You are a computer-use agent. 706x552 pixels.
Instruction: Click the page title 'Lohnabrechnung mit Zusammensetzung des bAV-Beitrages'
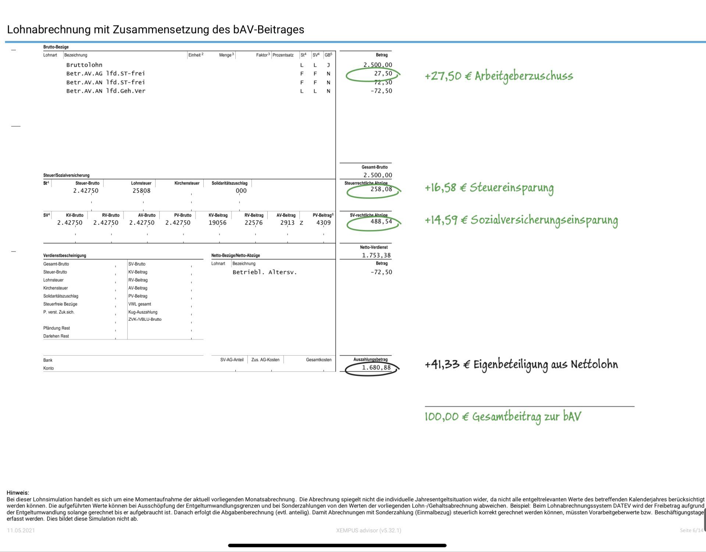pyautogui.click(x=156, y=29)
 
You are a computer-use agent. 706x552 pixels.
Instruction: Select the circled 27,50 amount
pyautogui.click(x=383, y=74)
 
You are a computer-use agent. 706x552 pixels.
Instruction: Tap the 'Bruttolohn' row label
pyautogui.click(x=84, y=65)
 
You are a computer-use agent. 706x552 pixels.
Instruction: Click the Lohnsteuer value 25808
pyautogui.click(x=141, y=191)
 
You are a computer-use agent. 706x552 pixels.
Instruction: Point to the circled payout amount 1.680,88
pyautogui.click(x=376, y=368)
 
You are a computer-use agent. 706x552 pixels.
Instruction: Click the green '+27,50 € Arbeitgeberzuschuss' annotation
pyautogui.click(x=499, y=76)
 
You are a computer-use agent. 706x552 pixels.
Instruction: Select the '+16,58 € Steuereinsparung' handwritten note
pyautogui.click(x=489, y=188)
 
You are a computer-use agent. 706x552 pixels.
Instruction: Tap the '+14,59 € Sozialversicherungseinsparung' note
pyautogui.click(x=521, y=220)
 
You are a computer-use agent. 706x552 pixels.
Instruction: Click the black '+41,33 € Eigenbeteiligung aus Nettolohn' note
pyautogui.click(x=521, y=365)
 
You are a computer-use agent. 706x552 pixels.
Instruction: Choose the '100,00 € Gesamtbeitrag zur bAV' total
pyautogui.click(x=503, y=417)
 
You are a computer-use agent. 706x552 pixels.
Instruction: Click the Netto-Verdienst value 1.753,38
pyautogui.click(x=376, y=255)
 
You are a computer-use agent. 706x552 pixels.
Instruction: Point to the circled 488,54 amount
pyautogui.click(x=381, y=222)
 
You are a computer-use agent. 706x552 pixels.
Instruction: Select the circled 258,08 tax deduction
pyautogui.click(x=381, y=189)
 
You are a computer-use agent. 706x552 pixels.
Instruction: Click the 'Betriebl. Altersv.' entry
pyautogui.click(x=264, y=273)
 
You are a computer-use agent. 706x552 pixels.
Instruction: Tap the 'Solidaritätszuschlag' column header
pyautogui.click(x=229, y=183)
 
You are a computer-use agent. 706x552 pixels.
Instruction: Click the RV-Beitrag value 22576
pyautogui.click(x=254, y=223)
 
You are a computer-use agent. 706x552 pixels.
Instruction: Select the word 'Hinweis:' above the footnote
pyautogui.click(x=18, y=493)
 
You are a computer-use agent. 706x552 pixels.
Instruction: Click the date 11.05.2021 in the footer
pyautogui.click(x=21, y=530)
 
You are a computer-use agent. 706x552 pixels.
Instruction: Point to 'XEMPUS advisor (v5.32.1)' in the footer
pyautogui.click(x=368, y=530)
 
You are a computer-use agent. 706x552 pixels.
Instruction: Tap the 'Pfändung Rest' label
pyautogui.click(x=56, y=328)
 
